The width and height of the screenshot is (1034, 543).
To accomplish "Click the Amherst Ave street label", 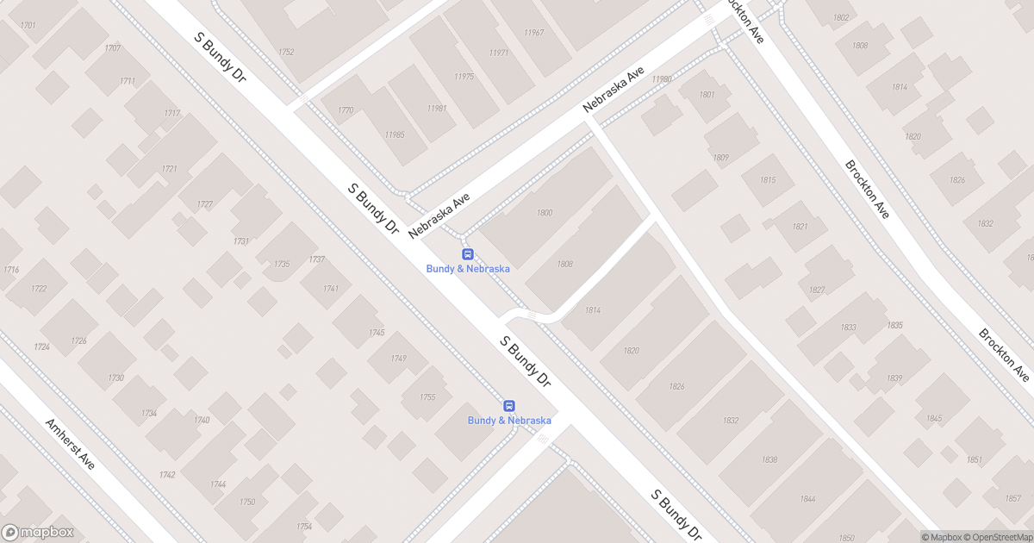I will click(71, 443).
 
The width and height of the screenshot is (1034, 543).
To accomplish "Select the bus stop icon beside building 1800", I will click(468, 254).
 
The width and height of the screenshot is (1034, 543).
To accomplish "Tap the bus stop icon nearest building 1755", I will click(509, 406).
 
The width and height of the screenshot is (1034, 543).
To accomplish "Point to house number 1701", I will click(28, 26).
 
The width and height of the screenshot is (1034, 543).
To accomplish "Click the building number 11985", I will click(395, 135).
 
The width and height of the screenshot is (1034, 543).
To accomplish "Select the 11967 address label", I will click(533, 33).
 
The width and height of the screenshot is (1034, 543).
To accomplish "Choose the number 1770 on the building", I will click(346, 110).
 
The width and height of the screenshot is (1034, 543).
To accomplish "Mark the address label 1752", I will click(286, 53).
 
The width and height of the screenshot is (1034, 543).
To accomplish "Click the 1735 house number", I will click(282, 264).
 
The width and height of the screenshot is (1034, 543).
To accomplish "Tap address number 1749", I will click(398, 359).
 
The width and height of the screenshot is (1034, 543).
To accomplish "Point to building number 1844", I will click(807, 499).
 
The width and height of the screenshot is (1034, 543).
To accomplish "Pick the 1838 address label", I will click(769, 459).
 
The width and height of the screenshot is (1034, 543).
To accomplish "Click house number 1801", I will click(707, 95).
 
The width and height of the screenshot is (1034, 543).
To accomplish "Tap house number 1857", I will click(1012, 498).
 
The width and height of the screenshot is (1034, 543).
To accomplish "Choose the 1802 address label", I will click(841, 18).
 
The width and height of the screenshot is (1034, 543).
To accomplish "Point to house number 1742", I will click(167, 475).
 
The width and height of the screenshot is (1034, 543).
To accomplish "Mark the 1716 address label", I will click(11, 270).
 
